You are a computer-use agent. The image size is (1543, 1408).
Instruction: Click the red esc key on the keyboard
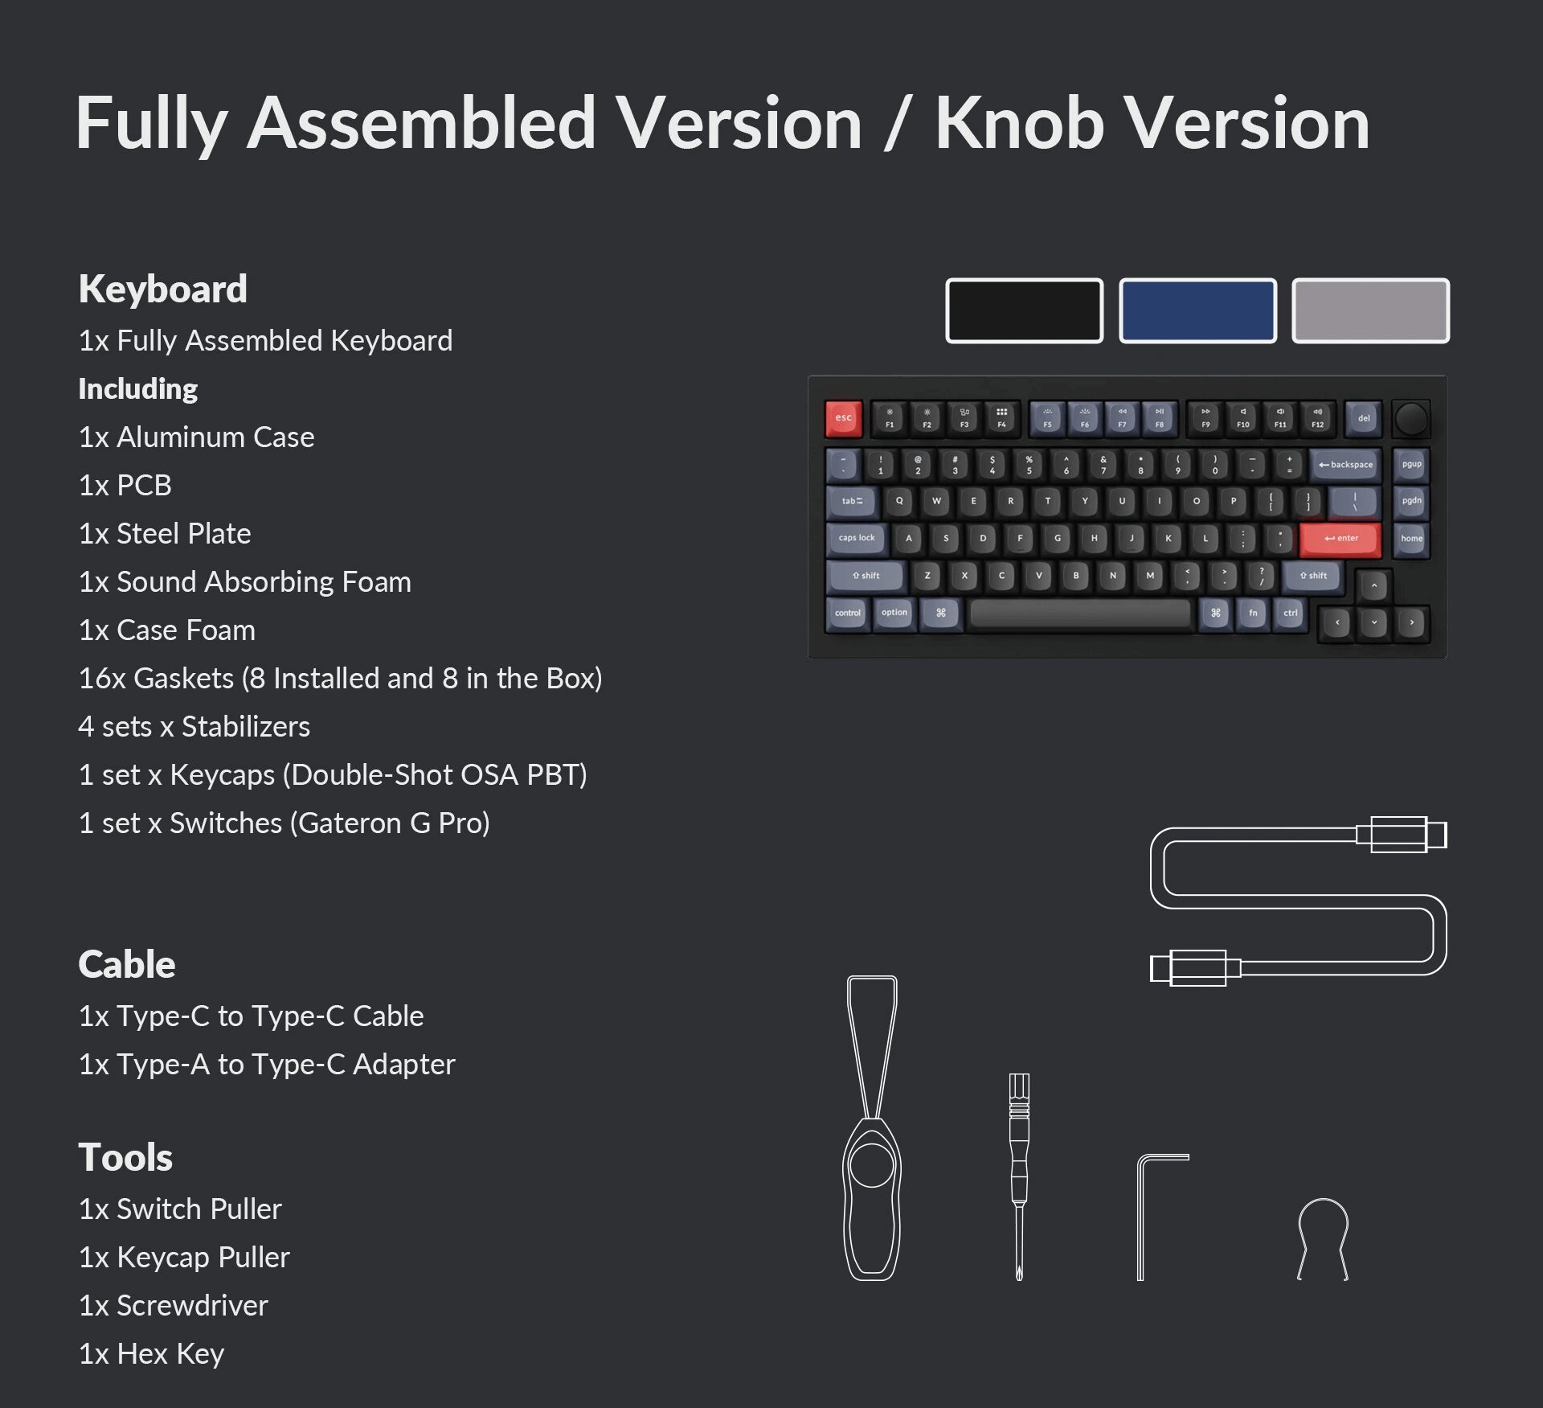point(843,418)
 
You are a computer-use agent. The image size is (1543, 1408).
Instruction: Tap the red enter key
point(1340,538)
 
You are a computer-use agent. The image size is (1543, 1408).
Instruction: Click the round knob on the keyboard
point(1411,419)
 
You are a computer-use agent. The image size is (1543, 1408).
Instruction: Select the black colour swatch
point(1024,310)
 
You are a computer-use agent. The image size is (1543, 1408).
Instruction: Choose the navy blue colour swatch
point(1197,310)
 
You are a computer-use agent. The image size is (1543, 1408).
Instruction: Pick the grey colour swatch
point(1370,310)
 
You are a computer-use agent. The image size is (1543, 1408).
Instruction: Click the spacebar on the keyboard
point(1079,614)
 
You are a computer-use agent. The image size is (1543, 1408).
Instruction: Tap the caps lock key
point(857,538)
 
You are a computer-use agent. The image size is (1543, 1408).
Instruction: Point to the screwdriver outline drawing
point(1019,1174)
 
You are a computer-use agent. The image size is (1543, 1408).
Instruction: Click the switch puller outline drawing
point(872,1126)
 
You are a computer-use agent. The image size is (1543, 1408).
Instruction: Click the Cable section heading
point(127,964)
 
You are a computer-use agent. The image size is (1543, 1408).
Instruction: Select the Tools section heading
point(125,1157)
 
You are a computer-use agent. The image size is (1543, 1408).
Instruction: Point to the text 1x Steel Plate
point(165,533)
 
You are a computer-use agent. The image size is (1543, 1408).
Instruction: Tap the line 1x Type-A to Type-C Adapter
point(267,1064)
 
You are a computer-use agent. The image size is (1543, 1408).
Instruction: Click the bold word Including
point(138,388)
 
